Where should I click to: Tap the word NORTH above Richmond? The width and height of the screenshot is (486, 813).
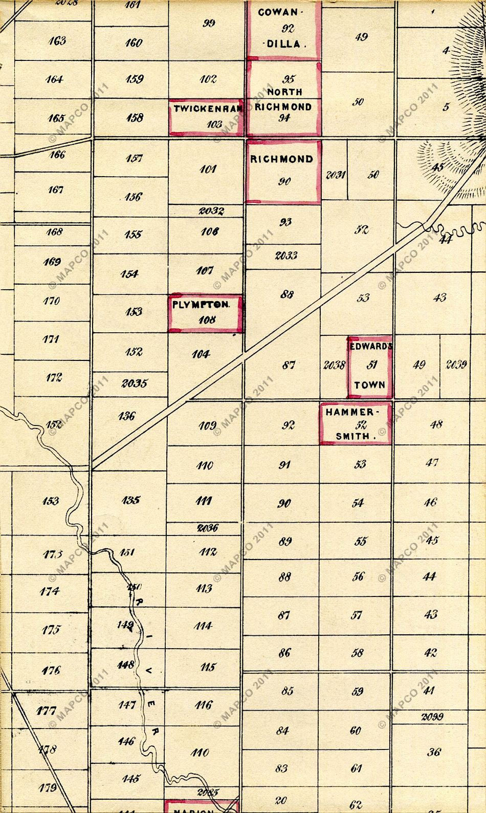pos(284,92)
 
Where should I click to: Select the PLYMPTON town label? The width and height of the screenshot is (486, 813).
pos(200,304)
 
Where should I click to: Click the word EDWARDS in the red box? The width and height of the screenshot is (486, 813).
pos(371,346)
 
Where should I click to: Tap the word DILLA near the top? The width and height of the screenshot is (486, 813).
pos(284,44)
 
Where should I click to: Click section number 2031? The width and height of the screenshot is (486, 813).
pos(335,175)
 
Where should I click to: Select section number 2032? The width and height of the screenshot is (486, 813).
pos(211,210)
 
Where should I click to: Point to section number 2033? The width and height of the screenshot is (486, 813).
pos(286,255)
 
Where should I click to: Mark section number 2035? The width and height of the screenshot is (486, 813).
pos(135,383)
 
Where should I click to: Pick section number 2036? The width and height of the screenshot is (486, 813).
pos(208,528)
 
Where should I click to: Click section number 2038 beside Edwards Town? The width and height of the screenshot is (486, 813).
pos(335,366)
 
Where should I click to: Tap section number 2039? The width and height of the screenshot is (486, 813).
pos(456,365)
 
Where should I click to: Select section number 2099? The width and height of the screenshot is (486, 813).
pos(432,717)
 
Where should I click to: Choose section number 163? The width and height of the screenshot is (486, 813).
pos(57,40)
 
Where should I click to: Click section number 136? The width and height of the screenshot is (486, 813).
pos(126,416)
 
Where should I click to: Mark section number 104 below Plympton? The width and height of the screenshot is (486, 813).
pos(201,354)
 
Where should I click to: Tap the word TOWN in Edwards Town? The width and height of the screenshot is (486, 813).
pos(369,385)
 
